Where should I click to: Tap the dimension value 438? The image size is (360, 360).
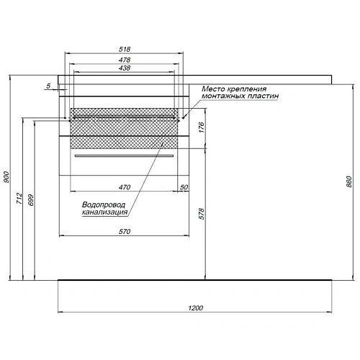[x=125, y=68]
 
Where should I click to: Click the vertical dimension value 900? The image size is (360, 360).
[x=6, y=177]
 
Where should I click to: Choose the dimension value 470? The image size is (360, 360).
[x=125, y=186]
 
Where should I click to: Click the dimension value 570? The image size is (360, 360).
[x=125, y=232]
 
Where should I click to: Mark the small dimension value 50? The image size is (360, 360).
[x=184, y=186]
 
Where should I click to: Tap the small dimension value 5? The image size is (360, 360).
[x=48, y=86]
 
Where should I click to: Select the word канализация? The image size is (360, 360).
[x=106, y=212]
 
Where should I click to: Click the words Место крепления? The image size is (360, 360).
[x=239, y=88]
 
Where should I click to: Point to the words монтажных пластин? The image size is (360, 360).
[x=239, y=96]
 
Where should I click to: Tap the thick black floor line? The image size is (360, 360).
[x=194, y=279]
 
